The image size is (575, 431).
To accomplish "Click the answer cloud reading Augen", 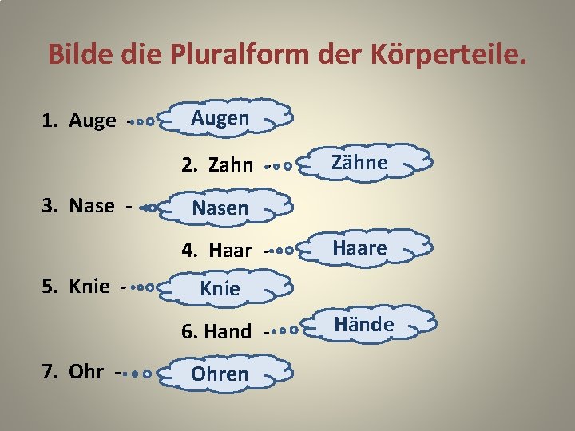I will [x=221, y=119].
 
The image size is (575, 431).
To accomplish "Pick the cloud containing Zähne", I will [x=360, y=164].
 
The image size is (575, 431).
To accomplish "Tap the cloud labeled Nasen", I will [x=221, y=208].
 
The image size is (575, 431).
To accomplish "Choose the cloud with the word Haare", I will [x=360, y=248].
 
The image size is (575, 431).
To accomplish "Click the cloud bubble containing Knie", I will [x=220, y=289].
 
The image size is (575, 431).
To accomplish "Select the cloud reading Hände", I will [x=364, y=325].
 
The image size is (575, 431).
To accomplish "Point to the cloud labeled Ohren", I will [x=220, y=374].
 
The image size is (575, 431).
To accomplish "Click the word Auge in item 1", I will [x=93, y=121].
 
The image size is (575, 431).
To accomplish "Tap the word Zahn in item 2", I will [x=230, y=166].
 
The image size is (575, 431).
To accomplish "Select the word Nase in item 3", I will [x=92, y=206].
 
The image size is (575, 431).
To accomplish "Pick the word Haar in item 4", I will [x=230, y=251].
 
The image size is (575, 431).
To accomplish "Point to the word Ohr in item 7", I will [x=85, y=373].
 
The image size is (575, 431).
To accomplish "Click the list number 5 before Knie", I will [x=47, y=287].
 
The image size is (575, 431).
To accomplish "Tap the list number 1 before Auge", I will [x=47, y=121].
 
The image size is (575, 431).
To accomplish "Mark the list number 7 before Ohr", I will [x=47, y=373].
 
